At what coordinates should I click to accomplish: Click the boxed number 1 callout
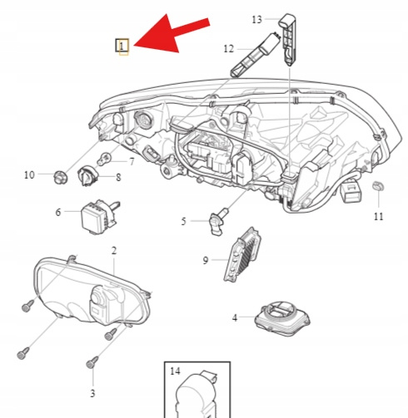click(x=122, y=46)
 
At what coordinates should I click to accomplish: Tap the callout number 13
click(x=256, y=20)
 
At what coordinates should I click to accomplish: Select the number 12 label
click(x=229, y=49)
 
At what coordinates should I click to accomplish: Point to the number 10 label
click(x=29, y=175)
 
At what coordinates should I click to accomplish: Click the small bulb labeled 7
click(x=104, y=159)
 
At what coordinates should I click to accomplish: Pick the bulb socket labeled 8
click(x=87, y=175)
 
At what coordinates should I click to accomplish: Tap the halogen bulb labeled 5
click(x=219, y=221)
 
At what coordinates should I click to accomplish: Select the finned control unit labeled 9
click(x=242, y=255)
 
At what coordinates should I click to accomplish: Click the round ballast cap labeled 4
click(x=282, y=318)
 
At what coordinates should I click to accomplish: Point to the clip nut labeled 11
click(x=378, y=185)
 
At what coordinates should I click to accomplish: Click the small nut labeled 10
click(x=60, y=177)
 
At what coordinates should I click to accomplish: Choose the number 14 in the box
click(x=175, y=371)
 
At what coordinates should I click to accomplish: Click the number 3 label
click(x=92, y=393)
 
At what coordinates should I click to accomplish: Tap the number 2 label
click(x=114, y=251)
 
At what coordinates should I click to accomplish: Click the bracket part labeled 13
click(x=289, y=39)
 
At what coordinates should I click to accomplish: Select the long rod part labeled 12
click(x=255, y=55)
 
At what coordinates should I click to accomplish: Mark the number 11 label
click(x=379, y=216)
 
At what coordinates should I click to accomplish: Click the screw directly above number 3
click(x=92, y=363)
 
